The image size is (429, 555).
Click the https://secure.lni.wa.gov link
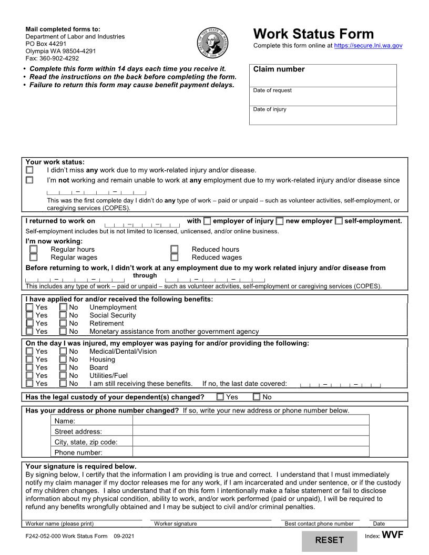[368, 46]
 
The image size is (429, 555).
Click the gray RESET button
[329, 540]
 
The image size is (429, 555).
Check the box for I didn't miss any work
[29, 170]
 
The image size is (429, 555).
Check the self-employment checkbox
[339, 221]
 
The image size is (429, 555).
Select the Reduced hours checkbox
[175, 249]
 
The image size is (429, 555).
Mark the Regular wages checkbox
[34, 258]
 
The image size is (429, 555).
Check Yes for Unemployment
[30, 307]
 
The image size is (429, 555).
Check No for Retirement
[63, 324]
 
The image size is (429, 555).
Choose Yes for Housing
[30, 359]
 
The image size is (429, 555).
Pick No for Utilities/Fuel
[63, 376]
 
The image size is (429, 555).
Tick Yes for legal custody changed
[220, 397]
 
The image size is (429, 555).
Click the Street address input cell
[250, 431]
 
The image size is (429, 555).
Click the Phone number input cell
[250, 452]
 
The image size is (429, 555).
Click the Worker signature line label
[176, 523]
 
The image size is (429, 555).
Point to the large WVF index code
[392, 536]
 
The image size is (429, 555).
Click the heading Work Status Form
[313, 34]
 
